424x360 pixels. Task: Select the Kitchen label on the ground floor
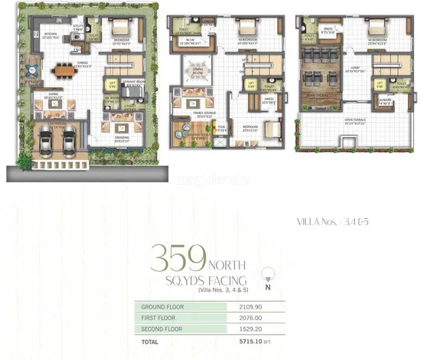tap(51, 35)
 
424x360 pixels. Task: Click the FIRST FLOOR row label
tap(158, 318)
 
